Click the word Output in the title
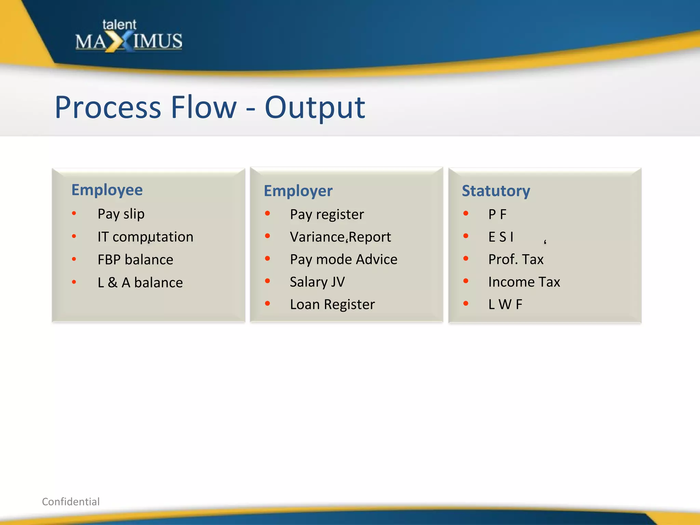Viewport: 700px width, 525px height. (314, 108)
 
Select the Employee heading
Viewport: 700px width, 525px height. (107, 190)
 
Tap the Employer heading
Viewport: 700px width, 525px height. (298, 191)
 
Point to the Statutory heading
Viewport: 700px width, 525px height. (496, 191)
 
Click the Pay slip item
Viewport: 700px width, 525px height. (121, 214)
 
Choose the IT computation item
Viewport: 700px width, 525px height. (145, 237)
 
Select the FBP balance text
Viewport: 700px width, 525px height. (135, 260)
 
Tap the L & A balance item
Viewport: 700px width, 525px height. (140, 283)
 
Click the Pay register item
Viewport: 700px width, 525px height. (327, 215)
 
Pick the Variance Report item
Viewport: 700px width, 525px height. (340, 237)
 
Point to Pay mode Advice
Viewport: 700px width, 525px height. (344, 259)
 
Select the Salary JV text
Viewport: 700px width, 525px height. (317, 282)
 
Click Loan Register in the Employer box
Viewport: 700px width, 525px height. (332, 304)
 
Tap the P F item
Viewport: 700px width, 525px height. (497, 214)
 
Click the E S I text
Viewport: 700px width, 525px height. (501, 237)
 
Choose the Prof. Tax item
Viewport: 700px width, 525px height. (515, 259)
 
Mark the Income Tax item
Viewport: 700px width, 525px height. (524, 282)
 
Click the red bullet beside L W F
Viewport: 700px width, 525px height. (466, 304)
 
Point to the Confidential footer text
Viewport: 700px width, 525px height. (71, 501)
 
